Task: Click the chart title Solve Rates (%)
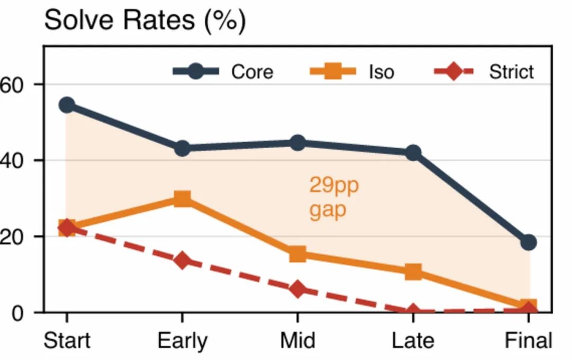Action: [145, 21]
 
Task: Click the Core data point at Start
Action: [67, 105]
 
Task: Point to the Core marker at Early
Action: [182, 148]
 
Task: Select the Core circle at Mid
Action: [298, 143]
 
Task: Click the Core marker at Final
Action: [529, 242]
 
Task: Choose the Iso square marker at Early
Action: [182, 199]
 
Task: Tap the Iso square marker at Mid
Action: [298, 254]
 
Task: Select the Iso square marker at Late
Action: [413, 272]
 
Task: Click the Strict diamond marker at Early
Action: [182, 260]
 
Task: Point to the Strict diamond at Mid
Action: [298, 290]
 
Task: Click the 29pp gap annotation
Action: [334, 198]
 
